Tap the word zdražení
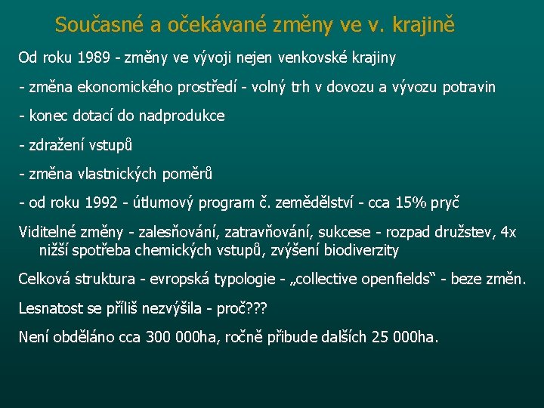point(57,145)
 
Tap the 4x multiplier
point(508,233)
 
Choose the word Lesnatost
point(51,308)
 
